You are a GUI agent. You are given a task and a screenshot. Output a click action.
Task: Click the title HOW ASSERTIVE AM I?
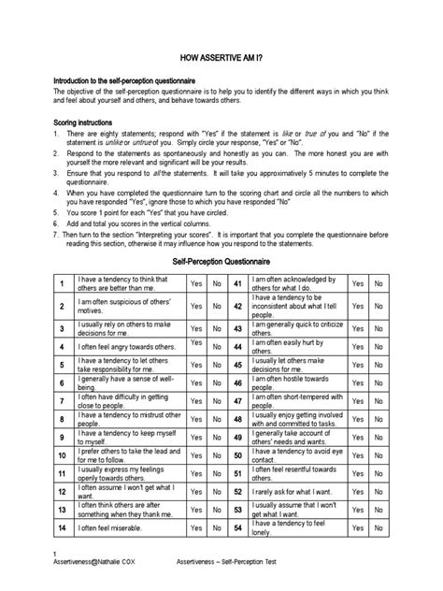coord(221,57)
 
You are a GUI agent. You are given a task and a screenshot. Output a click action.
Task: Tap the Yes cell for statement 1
coord(195,283)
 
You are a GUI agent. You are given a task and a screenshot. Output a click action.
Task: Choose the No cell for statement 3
coord(217,328)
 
